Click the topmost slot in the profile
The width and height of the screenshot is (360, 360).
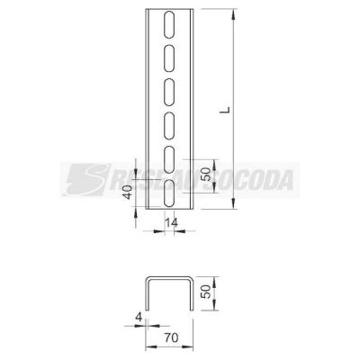tap(169, 25)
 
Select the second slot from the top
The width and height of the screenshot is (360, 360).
tap(169, 58)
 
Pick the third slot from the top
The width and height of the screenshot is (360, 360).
tap(169, 93)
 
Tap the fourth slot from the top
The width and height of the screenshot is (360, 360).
tap(169, 126)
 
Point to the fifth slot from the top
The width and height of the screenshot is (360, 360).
tap(169, 159)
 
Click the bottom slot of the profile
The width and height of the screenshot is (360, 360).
tap(169, 193)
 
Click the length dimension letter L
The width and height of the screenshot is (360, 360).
tap(225, 110)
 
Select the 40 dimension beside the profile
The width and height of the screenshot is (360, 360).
tap(128, 193)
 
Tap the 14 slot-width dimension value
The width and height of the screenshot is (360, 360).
tap(171, 223)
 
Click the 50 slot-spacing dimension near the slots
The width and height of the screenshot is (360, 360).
tap(206, 175)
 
